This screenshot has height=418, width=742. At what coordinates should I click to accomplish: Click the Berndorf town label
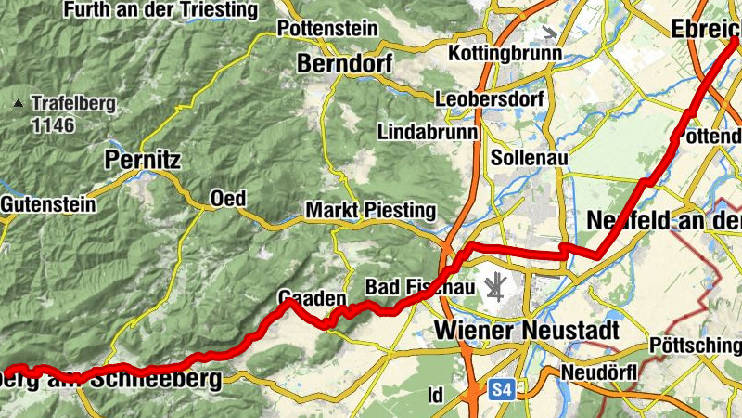344,64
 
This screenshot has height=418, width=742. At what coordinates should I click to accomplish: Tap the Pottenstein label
328,29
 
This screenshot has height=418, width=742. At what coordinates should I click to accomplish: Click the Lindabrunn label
429,133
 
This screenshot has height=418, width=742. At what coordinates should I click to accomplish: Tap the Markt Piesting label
370,211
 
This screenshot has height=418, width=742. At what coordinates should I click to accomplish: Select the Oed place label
227,198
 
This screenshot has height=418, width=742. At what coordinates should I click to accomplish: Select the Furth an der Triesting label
160,10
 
